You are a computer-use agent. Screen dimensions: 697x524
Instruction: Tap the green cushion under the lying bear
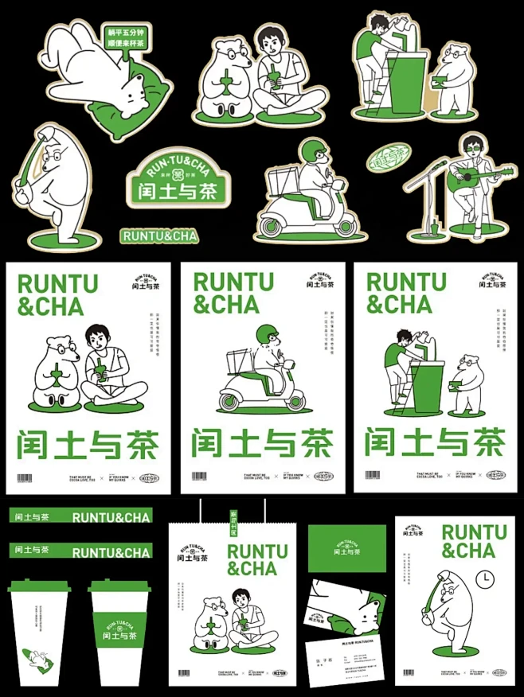tap(119, 111)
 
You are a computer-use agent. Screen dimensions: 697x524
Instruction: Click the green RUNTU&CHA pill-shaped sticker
tap(159, 236)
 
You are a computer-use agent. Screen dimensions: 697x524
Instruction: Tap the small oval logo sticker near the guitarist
tap(390, 157)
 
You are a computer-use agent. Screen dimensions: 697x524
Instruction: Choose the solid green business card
tap(347, 548)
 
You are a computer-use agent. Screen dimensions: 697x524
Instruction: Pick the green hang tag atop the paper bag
tap(234, 523)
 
